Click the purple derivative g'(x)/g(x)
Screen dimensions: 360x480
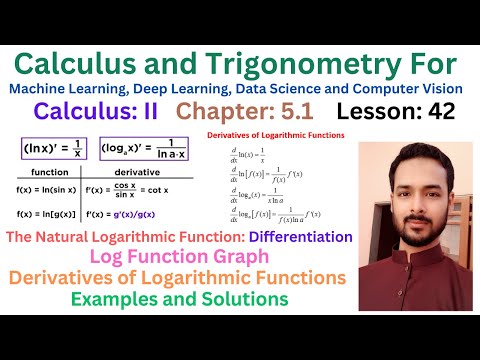click(x=160, y=213)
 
